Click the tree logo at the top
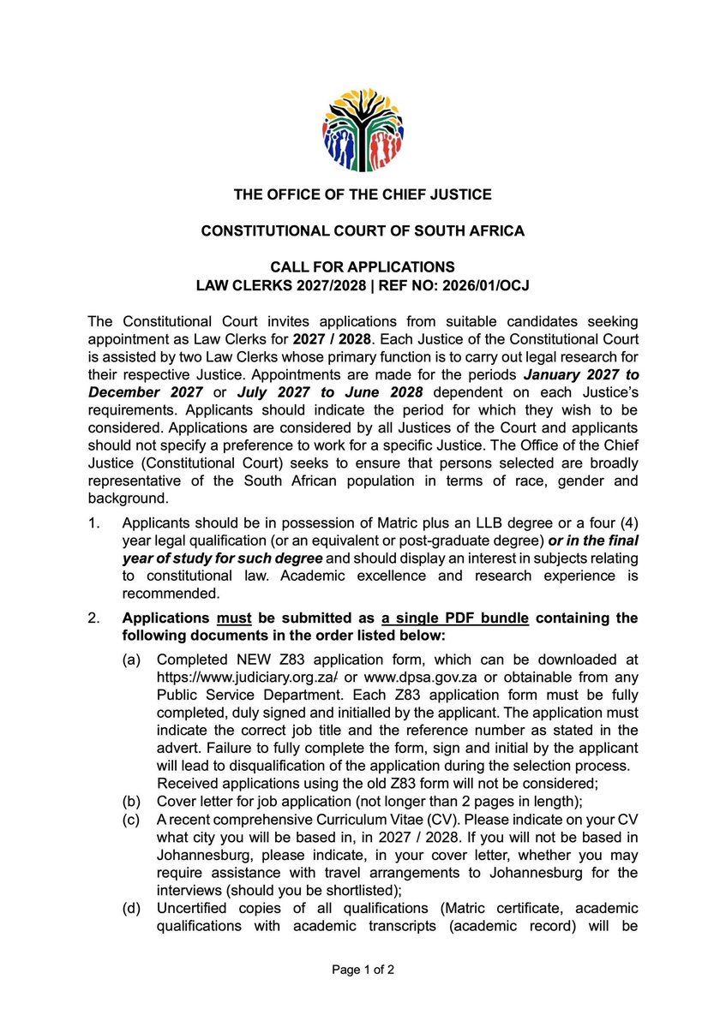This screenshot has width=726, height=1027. [x=363, y=121]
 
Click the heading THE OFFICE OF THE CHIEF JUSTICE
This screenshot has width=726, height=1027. [x=363, y=194]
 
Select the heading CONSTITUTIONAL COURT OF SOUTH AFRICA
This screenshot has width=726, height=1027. [x=363, y=231]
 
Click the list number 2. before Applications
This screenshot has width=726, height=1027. [x=96, y=618]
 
